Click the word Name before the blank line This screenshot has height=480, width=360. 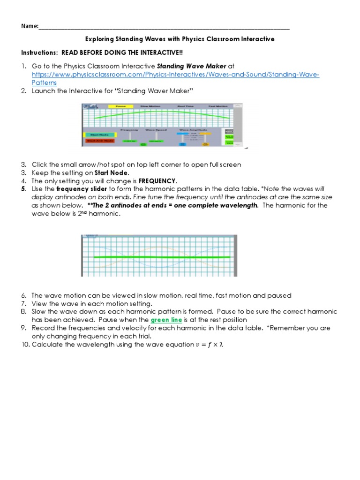click(x=29, y=27)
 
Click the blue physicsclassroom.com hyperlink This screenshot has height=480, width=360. click(x=175, y=75)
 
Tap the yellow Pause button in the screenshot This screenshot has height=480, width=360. click(x=120, y=106)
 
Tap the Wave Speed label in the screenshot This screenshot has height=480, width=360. click(x=153, y=129)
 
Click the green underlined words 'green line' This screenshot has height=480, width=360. click(x=166, y=320)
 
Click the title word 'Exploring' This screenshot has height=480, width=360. click(x=99, y=39)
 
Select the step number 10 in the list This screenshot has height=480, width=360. click(x=25, y=345)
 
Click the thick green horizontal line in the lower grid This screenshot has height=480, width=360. click(x=159, y=257)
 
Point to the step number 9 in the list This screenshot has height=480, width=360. click(x=24, y=328)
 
